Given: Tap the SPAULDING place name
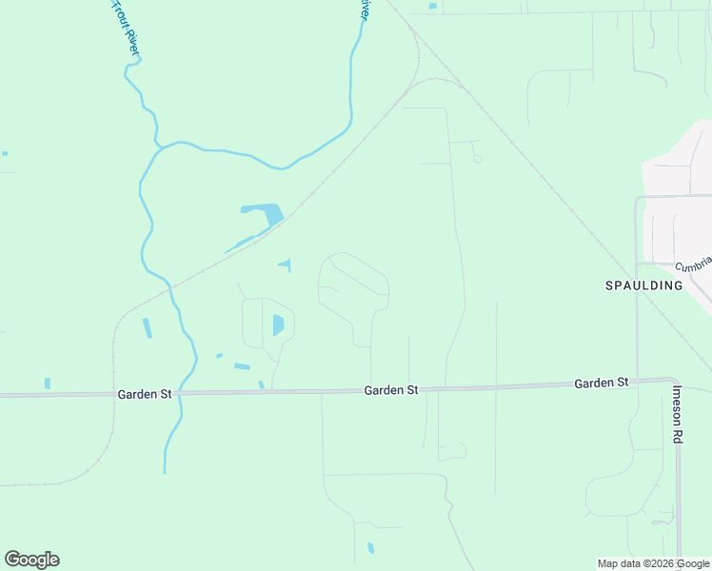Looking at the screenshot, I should click(x=644, y=285).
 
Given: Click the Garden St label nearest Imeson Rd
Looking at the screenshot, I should click(x=602, y=383).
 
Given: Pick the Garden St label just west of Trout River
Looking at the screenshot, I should click(x=145, y=394).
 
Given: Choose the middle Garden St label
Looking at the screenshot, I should click(x=391, y=390).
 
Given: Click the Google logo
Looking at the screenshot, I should click(x=32, y=559).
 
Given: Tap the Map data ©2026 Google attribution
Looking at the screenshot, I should click(x=654, y=563).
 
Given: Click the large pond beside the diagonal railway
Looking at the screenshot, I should click(x=264, y=212).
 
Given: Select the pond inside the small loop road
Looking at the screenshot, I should click(x=278, y=325).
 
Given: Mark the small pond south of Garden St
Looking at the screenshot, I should click(x=370, y=548).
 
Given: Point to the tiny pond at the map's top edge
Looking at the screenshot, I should click(x=433, y=7).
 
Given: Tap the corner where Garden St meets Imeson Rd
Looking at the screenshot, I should click(x=676, y=381).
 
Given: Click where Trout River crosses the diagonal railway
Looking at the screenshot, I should click(x=170, y=285).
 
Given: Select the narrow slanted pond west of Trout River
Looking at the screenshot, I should click(x=147, y=328).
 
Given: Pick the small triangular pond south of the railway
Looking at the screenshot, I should click(x=286, y=264).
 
